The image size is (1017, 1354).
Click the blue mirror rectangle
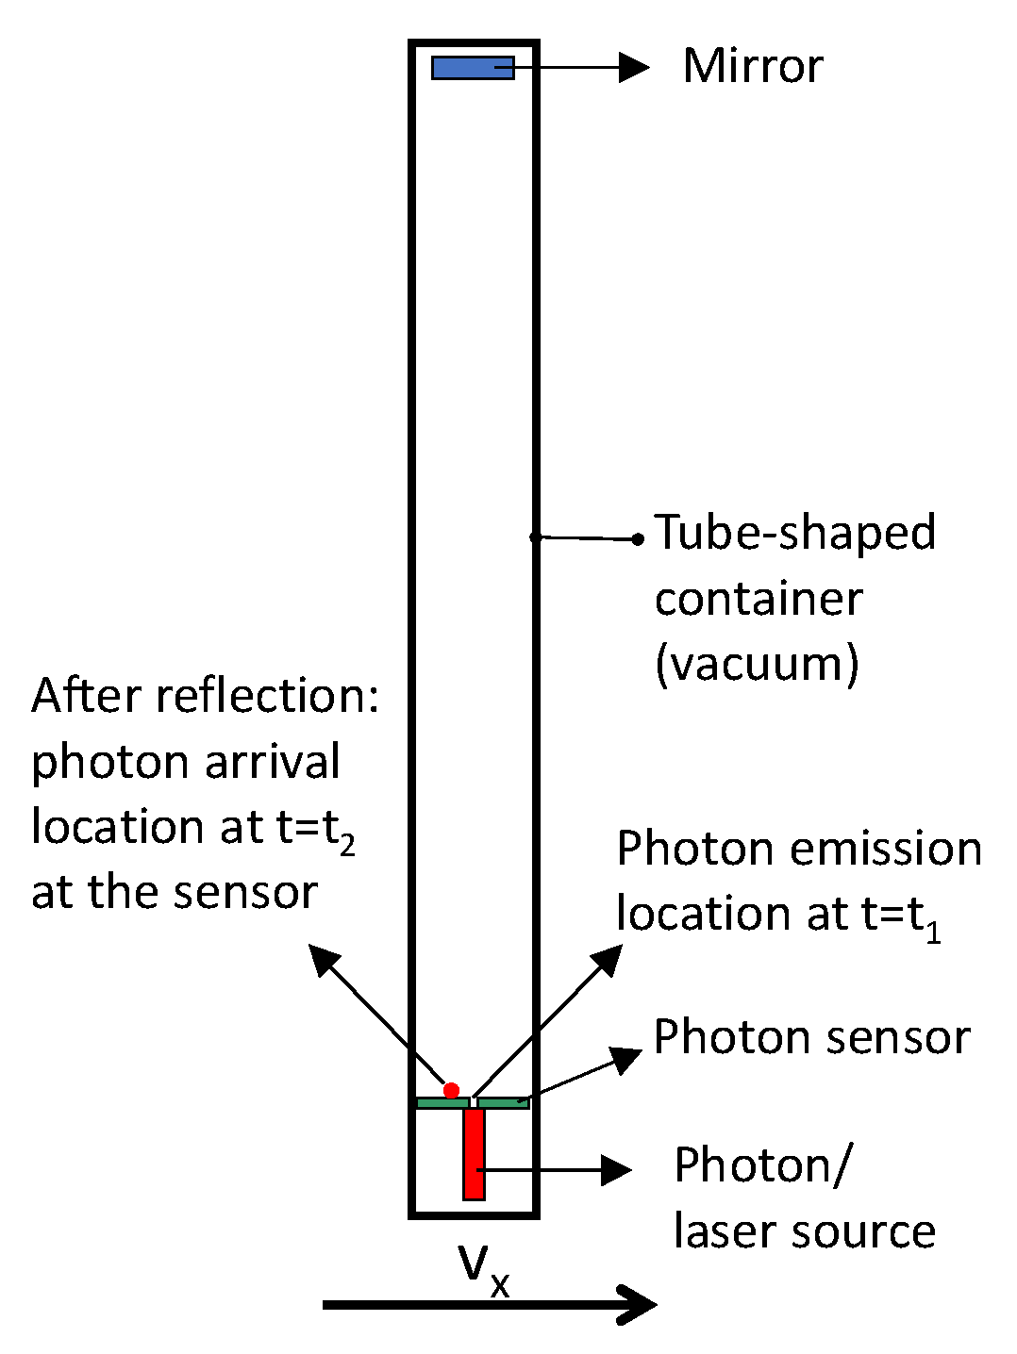tap(472, 68)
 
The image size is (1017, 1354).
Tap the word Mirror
tap(752, 67)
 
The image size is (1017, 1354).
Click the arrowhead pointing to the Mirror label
tap(635, 68)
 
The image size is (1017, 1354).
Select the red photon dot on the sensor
tap(451, 1091)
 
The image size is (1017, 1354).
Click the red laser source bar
tap(474, 1153)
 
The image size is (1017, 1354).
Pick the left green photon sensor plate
tap(442, 1102)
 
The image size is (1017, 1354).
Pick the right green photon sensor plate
tap(502, 1102)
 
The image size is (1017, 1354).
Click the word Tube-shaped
tap(794, 533)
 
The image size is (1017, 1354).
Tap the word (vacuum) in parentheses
tap(757, 664)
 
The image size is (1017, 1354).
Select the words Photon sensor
tap(811, 1038)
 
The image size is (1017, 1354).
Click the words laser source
tap(804, 1231)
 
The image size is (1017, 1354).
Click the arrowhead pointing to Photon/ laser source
tap(616, 1170)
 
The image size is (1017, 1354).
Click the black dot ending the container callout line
tap(638, 539)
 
